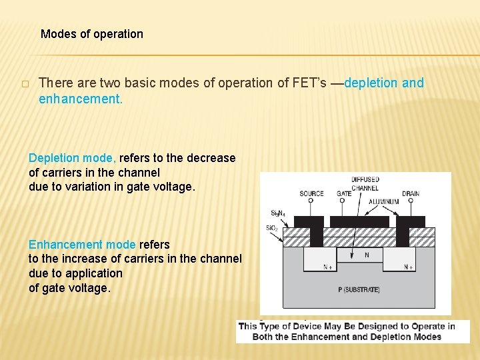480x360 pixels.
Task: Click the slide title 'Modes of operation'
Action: pyautogui.click(x=92, y=34)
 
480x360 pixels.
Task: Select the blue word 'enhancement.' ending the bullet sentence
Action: pyautogui.click(x=81, y=99)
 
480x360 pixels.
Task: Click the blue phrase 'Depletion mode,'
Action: pyautogui.click(x=72, y=158)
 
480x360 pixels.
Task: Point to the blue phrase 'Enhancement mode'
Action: pyautogui.click(x=82, y=245)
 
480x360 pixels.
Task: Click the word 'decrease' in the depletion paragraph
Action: pyautogui.click(x=212, y=158)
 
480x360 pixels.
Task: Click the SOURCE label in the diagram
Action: pyautogui.click(x=311, y=194)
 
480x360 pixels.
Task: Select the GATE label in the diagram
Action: pyautogui.click(x=344, y=194)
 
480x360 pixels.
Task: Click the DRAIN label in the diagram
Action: pyautogui.click(x=411, y=194)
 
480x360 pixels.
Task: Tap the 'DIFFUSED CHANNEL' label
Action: pyautogui.click(x=365, y=183)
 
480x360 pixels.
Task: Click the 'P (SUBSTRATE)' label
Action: pyautogui.click(x=359, y=289)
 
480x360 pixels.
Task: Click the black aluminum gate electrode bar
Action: pyautogui.click(x=359, y=221)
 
